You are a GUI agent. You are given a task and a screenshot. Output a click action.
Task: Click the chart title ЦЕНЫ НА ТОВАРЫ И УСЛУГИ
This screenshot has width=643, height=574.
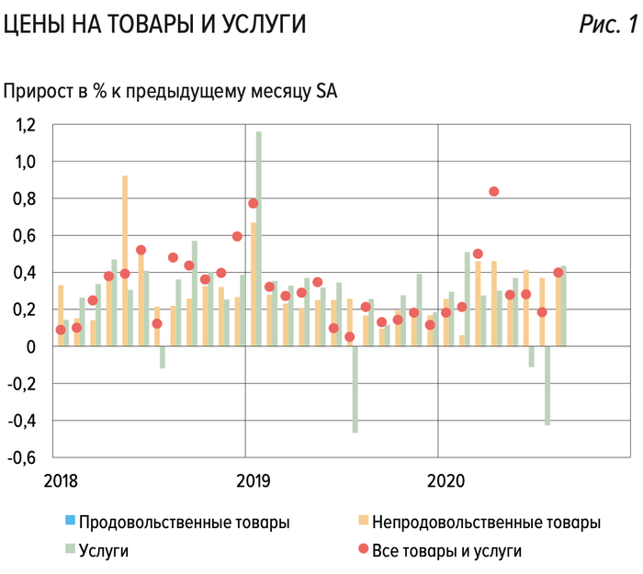(x=153, y=27)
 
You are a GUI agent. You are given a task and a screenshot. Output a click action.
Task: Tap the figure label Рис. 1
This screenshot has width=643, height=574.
(x=607, y=27)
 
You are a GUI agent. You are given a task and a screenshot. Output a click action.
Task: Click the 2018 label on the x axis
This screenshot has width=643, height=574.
(x=59, y=480)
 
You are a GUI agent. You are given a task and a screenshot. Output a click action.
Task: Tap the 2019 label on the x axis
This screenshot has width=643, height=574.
(x=253, y=480)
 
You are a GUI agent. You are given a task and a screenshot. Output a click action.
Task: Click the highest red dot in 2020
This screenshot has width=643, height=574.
(x=494, y=191)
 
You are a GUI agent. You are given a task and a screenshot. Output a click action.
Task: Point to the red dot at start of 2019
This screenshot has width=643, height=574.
(x=254, y=203)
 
